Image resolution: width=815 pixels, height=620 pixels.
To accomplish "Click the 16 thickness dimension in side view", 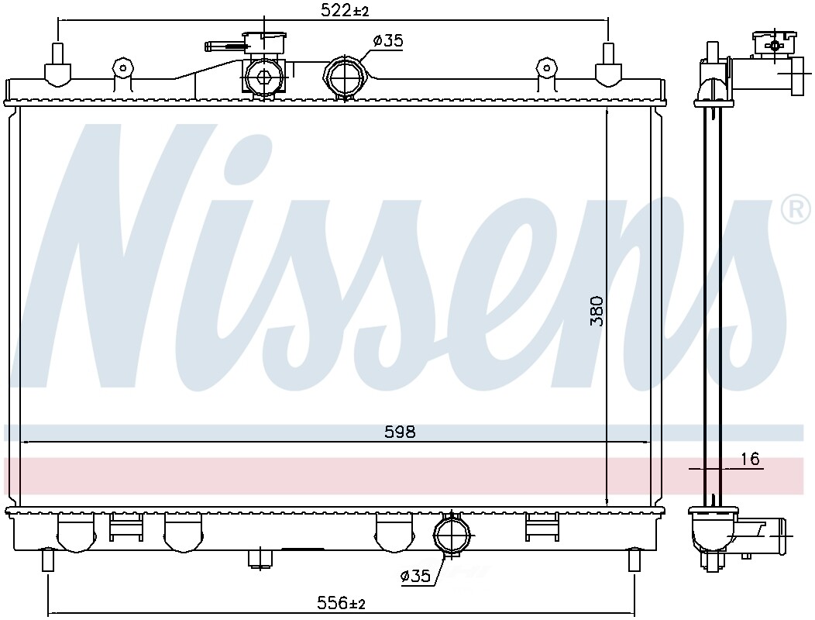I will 749,460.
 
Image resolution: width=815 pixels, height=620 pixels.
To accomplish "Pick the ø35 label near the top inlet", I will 388,41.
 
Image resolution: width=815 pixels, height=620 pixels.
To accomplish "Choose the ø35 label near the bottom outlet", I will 415,576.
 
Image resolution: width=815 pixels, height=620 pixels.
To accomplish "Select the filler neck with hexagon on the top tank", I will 263,77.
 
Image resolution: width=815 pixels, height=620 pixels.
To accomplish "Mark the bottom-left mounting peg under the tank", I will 48,560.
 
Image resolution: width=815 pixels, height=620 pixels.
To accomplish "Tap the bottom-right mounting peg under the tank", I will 634,560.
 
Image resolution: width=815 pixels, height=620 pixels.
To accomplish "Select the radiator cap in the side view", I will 775,43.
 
